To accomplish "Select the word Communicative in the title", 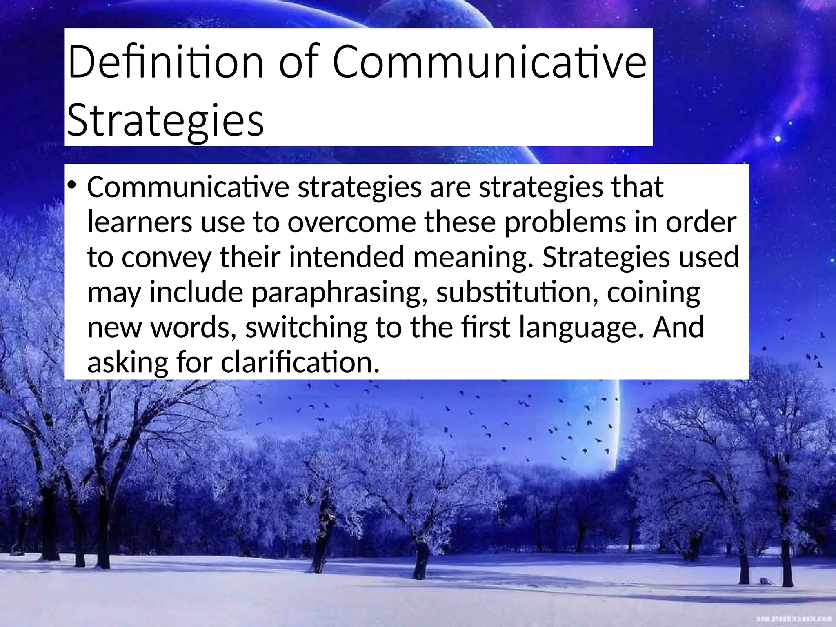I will [489, 62].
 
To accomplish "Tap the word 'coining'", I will [654, 293].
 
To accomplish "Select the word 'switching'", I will [306, 328].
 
